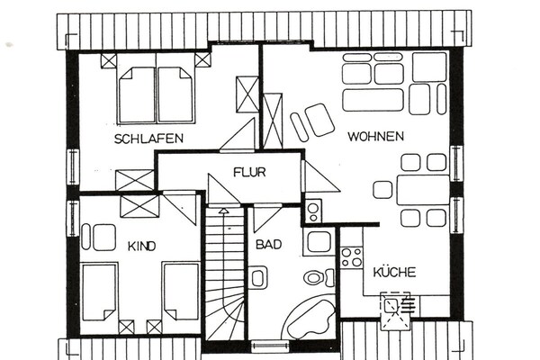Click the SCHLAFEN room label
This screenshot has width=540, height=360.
pos(148,139)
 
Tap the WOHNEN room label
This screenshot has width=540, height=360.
pos(375,137)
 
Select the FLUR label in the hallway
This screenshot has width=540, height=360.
pos(249,172)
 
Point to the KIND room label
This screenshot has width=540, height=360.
pos(142,247)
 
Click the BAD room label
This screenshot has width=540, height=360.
pos(268,245)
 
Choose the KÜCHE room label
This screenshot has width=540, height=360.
pos(395,272)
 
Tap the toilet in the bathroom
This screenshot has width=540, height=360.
pos(319,278)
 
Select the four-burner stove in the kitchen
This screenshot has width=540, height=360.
pos(352,257)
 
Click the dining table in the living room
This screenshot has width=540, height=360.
pos(423,190)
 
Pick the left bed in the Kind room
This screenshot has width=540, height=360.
pos(99,292)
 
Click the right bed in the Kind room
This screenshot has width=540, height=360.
pos(181,292)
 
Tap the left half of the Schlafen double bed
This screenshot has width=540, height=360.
pos(137,94)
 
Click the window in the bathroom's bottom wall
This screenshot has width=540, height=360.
pos(270,346)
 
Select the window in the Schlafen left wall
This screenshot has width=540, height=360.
pos(73,166)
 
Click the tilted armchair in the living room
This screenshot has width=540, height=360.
pos(319,120)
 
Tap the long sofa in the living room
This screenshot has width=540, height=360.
pos(373,100)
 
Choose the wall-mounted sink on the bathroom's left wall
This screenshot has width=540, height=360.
pos(256,278)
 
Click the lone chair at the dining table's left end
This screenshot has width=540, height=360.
pos(382,190)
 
